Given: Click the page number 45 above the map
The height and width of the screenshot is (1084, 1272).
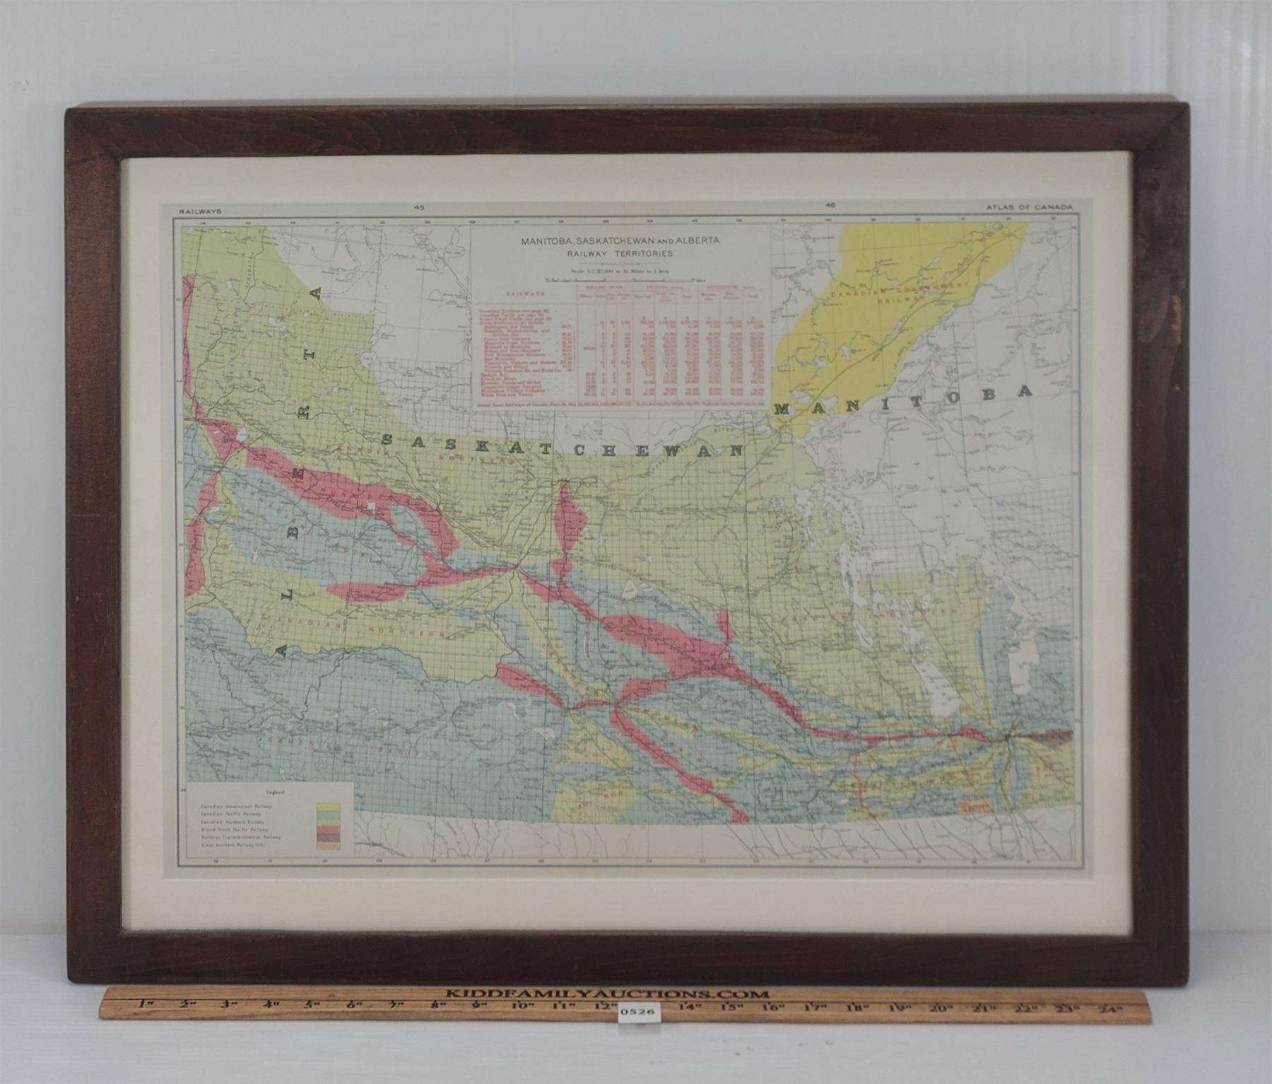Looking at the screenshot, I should [x=420, y=207].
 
